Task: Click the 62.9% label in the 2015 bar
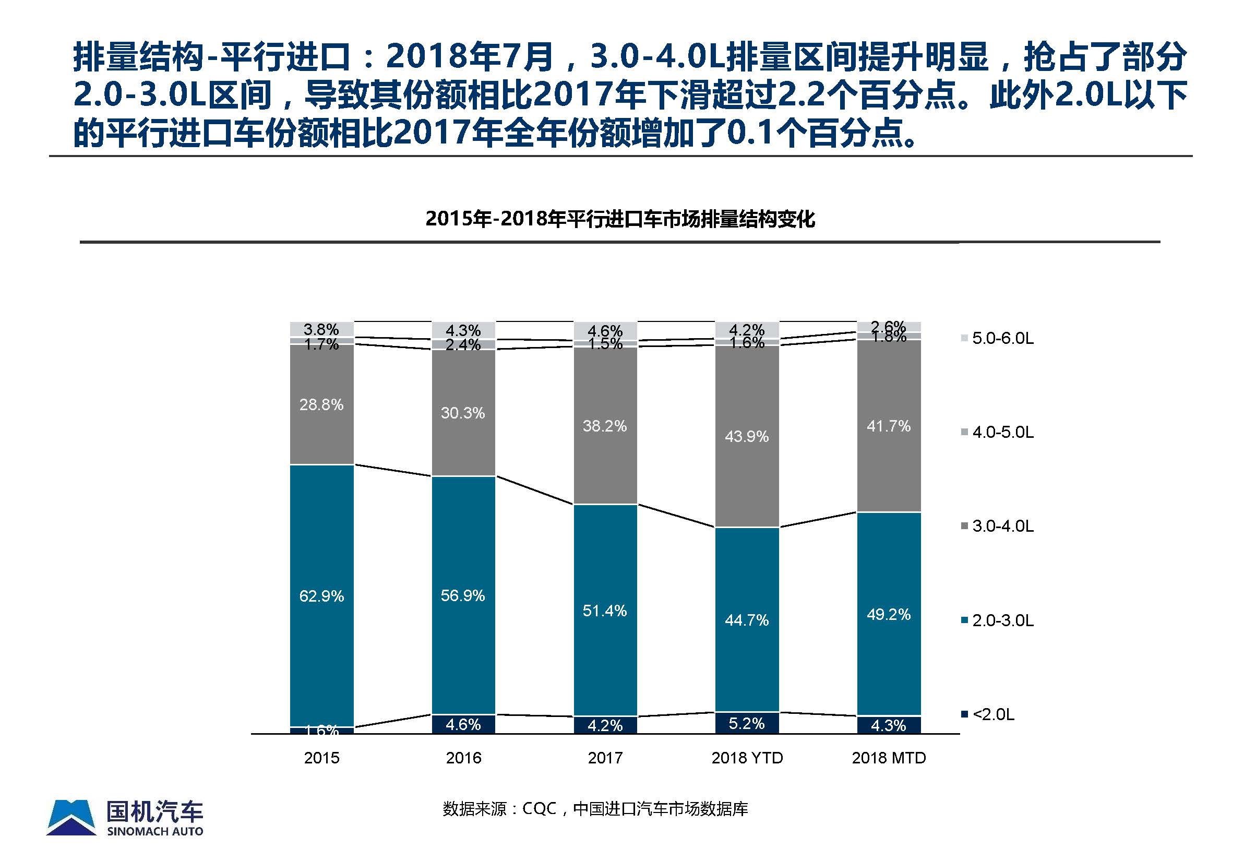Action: click(x=321, y=596)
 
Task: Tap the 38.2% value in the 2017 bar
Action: click(x=605, y=426)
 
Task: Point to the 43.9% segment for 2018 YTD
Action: click(x=747, y=436)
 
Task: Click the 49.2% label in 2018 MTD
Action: click(x=889, y=615)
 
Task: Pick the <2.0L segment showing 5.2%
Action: click(x=747, y=723)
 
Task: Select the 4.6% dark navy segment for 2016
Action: click(x=463, y=724)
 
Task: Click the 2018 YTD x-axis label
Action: click(x=747, y=758)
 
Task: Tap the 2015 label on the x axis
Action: click(x=321, y=758)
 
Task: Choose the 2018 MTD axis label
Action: click(x=889, y=758)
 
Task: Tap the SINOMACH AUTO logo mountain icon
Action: click(x=71, y=817)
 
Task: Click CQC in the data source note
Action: click(x=539, y=809)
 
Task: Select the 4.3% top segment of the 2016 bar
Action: click(x=463, y=330)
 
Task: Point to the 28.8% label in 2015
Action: click(x=321, y=404)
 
